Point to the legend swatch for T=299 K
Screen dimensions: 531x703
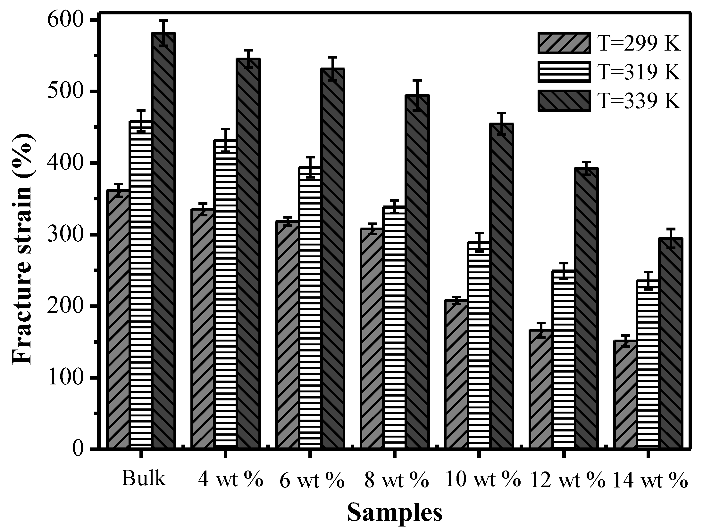tap(564, 43)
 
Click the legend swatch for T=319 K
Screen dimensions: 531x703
tap(564, 72)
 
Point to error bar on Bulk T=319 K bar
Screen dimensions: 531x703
tap(141, 121)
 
